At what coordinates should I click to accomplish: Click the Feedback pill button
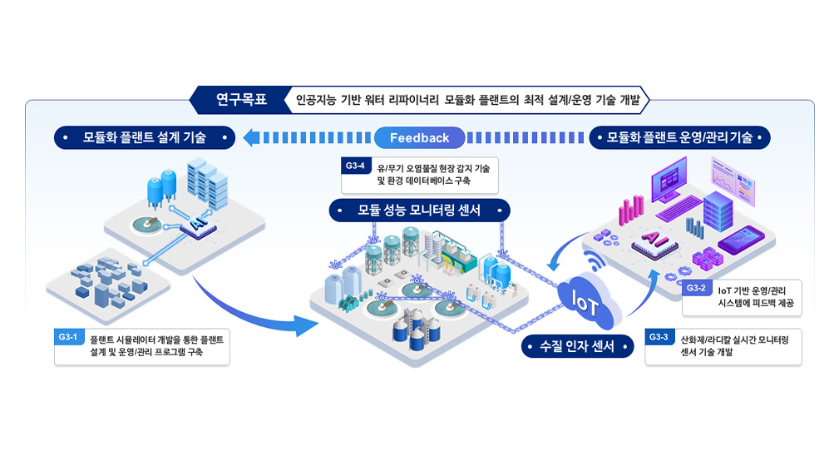419,137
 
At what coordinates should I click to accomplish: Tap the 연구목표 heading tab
241,100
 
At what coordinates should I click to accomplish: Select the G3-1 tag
68,337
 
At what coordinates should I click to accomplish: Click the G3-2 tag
696,288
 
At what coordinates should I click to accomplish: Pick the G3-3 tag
659,337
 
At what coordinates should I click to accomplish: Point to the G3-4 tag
355,166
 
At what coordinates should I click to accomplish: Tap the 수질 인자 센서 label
577,346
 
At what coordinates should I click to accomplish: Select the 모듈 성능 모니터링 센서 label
419,211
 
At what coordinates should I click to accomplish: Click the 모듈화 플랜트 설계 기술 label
145,137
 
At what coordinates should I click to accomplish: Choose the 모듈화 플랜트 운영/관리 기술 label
679,137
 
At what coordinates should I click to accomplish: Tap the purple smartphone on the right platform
742,240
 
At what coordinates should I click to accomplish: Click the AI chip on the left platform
198,226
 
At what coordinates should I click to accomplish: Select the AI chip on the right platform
654,242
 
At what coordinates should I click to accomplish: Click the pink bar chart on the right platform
631,210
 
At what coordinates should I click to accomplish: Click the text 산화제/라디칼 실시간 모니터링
734,340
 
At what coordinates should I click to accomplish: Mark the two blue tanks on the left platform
161,188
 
